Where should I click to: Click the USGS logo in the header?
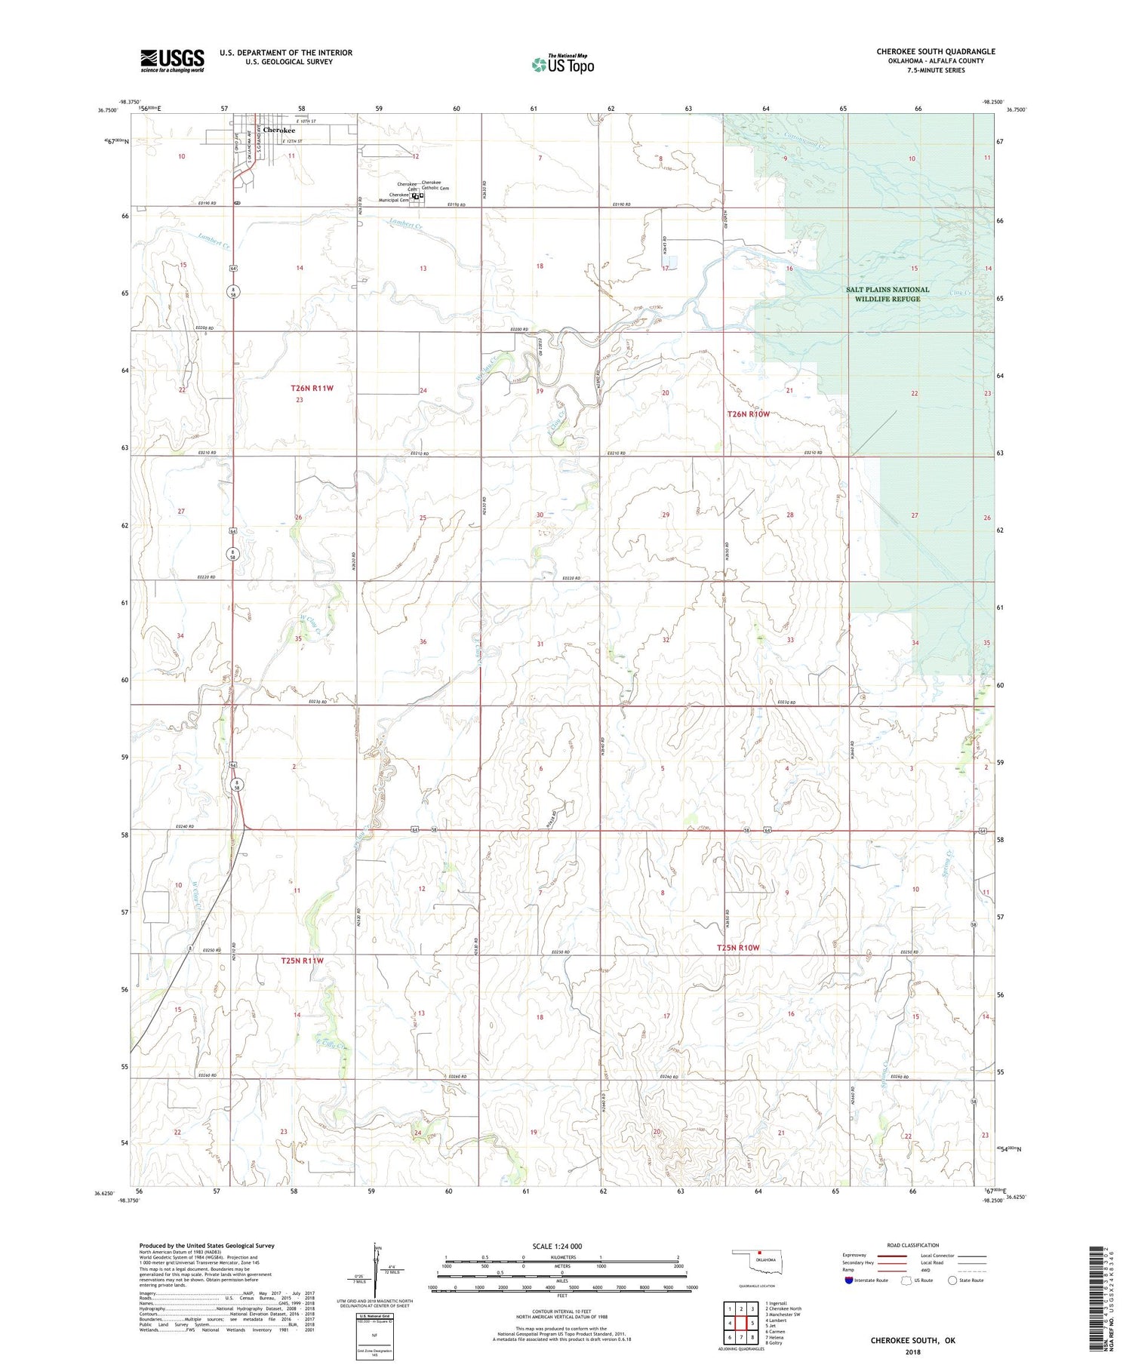click(x=171, y=60)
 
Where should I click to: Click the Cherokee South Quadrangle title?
click(x=935, y=51)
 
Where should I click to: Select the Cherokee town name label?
click(x=278, y=130)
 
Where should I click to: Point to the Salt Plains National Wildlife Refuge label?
click(x=887, y=294)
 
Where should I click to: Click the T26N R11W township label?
click(x=312, y=388)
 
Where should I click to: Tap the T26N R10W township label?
click(x=748, y=414)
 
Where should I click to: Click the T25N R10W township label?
click(x=737, y=947)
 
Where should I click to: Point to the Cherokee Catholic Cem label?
click(x=435, y=185)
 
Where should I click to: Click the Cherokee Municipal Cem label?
click(x=394, y=197)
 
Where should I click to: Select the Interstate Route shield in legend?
click(x=849, y=1280)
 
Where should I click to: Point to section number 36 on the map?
click(x=423, y=642)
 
